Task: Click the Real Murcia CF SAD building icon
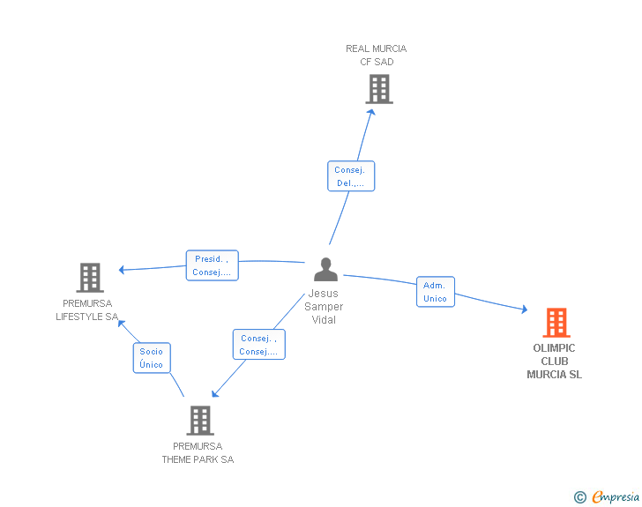pos(379,89)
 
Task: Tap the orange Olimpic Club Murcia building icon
pos(556,323)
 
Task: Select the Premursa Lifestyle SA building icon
pos(90,277)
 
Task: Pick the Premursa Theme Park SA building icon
pos(200,421)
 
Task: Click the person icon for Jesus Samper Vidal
pos(326,269)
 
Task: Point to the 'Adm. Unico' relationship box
pos(436,292)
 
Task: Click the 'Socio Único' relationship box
pos(152,358)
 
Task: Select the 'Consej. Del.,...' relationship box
pos(351,176)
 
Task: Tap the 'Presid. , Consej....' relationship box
pos(212,265)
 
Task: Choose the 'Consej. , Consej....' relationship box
pos(258,345)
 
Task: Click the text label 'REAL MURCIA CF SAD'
pos(377,56)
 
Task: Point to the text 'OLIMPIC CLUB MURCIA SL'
pos(555,362)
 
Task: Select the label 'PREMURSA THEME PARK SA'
pos(198,453)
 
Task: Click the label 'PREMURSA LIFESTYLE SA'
pos(87,310)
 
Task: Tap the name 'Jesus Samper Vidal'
pos(324,306)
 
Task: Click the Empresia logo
pos(616,496)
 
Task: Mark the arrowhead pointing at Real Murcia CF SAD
pos(371,112)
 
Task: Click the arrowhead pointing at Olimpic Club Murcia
pos(524,309)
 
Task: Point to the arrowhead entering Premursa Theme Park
pos(215,393)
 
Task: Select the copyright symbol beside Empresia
pos(580,497)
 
